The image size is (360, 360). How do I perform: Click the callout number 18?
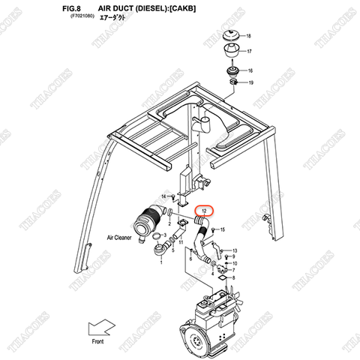click(250, 37)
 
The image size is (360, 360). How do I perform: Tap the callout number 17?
click(250, 52)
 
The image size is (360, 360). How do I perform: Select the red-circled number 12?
click(204, 213)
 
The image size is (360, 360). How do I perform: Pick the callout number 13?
click(234, 250)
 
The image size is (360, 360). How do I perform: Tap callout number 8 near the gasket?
click(234, 277)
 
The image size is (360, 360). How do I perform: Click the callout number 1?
click(162, 262)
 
